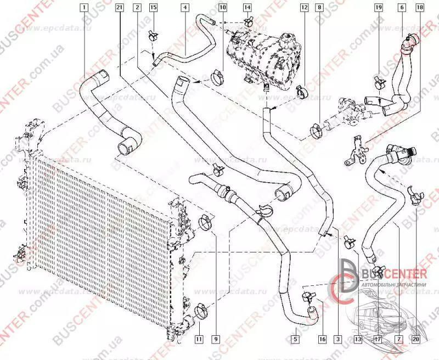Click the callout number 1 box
coord(83,8)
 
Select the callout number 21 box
coord(120,8)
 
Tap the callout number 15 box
coord(153,8)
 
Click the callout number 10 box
coord(222,8)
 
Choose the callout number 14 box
coord(247,8)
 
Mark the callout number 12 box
coord(303,8)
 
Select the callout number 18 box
coord(420,8)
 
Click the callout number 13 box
coord(358,339)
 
